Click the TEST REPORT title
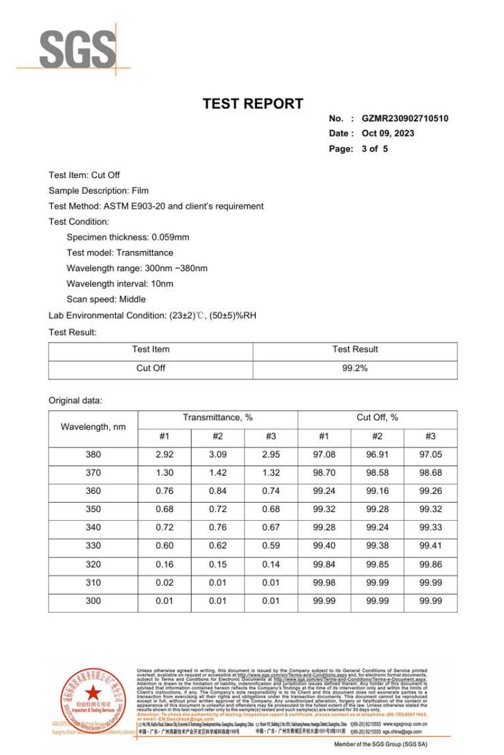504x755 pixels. [253, 104]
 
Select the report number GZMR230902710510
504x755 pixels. [405, 118]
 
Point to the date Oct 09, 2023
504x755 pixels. [388, 133]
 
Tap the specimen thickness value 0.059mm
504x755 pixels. [170, 237]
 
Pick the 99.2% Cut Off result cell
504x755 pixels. [355, 368]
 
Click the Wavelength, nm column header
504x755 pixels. [93, 427]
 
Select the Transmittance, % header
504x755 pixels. [217, 418]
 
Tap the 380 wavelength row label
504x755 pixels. [93, 454]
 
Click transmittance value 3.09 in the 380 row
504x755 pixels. [217, 454]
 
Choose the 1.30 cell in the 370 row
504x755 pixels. [164, 473]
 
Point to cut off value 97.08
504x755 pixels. [324, 454]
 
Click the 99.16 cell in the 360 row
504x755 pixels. [377, 491]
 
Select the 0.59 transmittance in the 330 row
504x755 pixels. [271, 546]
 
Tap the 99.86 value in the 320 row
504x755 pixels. [430, 564]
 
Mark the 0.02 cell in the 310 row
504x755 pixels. [164, 583]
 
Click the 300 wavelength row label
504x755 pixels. [93, 601]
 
